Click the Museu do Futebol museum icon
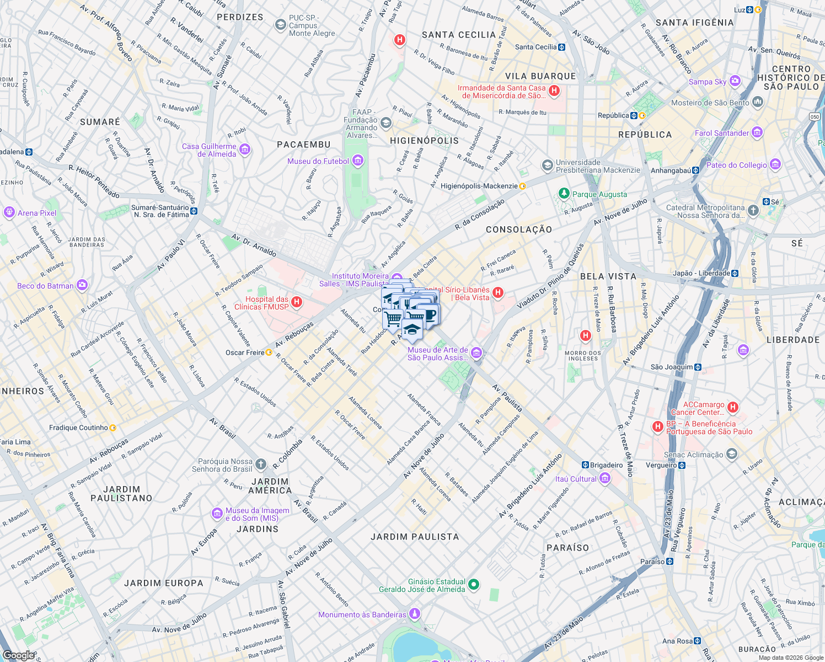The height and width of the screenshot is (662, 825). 358,161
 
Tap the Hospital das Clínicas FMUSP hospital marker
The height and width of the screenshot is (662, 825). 297,302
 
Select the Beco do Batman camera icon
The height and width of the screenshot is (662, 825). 82,285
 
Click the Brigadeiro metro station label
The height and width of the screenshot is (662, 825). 606,465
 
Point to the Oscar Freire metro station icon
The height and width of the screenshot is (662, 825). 269,353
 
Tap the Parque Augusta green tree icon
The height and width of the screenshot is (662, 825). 564,193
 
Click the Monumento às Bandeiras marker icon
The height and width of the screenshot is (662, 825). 415,614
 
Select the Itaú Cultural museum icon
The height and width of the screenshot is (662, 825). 605,478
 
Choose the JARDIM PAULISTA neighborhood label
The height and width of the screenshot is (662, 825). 415,537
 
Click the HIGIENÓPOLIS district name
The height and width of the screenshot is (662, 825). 424,141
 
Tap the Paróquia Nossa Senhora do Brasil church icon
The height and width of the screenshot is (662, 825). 261,465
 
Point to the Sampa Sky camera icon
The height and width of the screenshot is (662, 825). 735,81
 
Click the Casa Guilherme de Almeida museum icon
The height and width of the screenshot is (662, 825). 245,150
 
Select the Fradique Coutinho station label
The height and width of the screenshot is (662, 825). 78,428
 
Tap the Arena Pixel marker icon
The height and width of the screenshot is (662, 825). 9,212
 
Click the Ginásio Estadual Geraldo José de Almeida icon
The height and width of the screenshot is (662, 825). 474,585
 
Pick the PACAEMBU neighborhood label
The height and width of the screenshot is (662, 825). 303,145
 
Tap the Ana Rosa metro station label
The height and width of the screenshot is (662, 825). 677,641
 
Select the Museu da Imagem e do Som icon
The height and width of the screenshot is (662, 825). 217,514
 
